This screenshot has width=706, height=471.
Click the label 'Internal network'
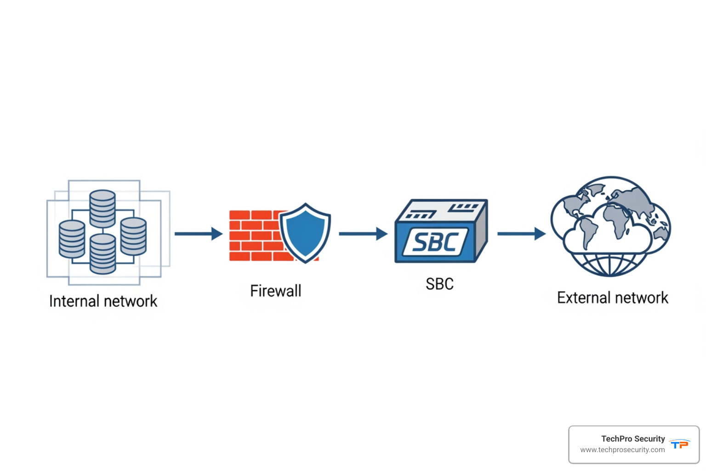(103, 301)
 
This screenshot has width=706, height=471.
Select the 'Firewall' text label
(275, 291)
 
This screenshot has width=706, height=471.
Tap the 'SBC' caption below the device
(439, 284)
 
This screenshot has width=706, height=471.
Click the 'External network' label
(612, 298)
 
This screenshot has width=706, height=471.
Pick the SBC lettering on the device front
(435, 242)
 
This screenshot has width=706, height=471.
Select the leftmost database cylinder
(72, 239)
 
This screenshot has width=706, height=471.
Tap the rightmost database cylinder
(133, 236)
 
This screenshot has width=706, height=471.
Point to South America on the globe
(587, 232)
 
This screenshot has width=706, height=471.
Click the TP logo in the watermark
(679, 444)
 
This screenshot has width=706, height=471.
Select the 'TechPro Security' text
(633, 439)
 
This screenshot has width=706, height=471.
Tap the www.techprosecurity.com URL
(622, 450)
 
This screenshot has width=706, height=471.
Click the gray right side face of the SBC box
(481, 230)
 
